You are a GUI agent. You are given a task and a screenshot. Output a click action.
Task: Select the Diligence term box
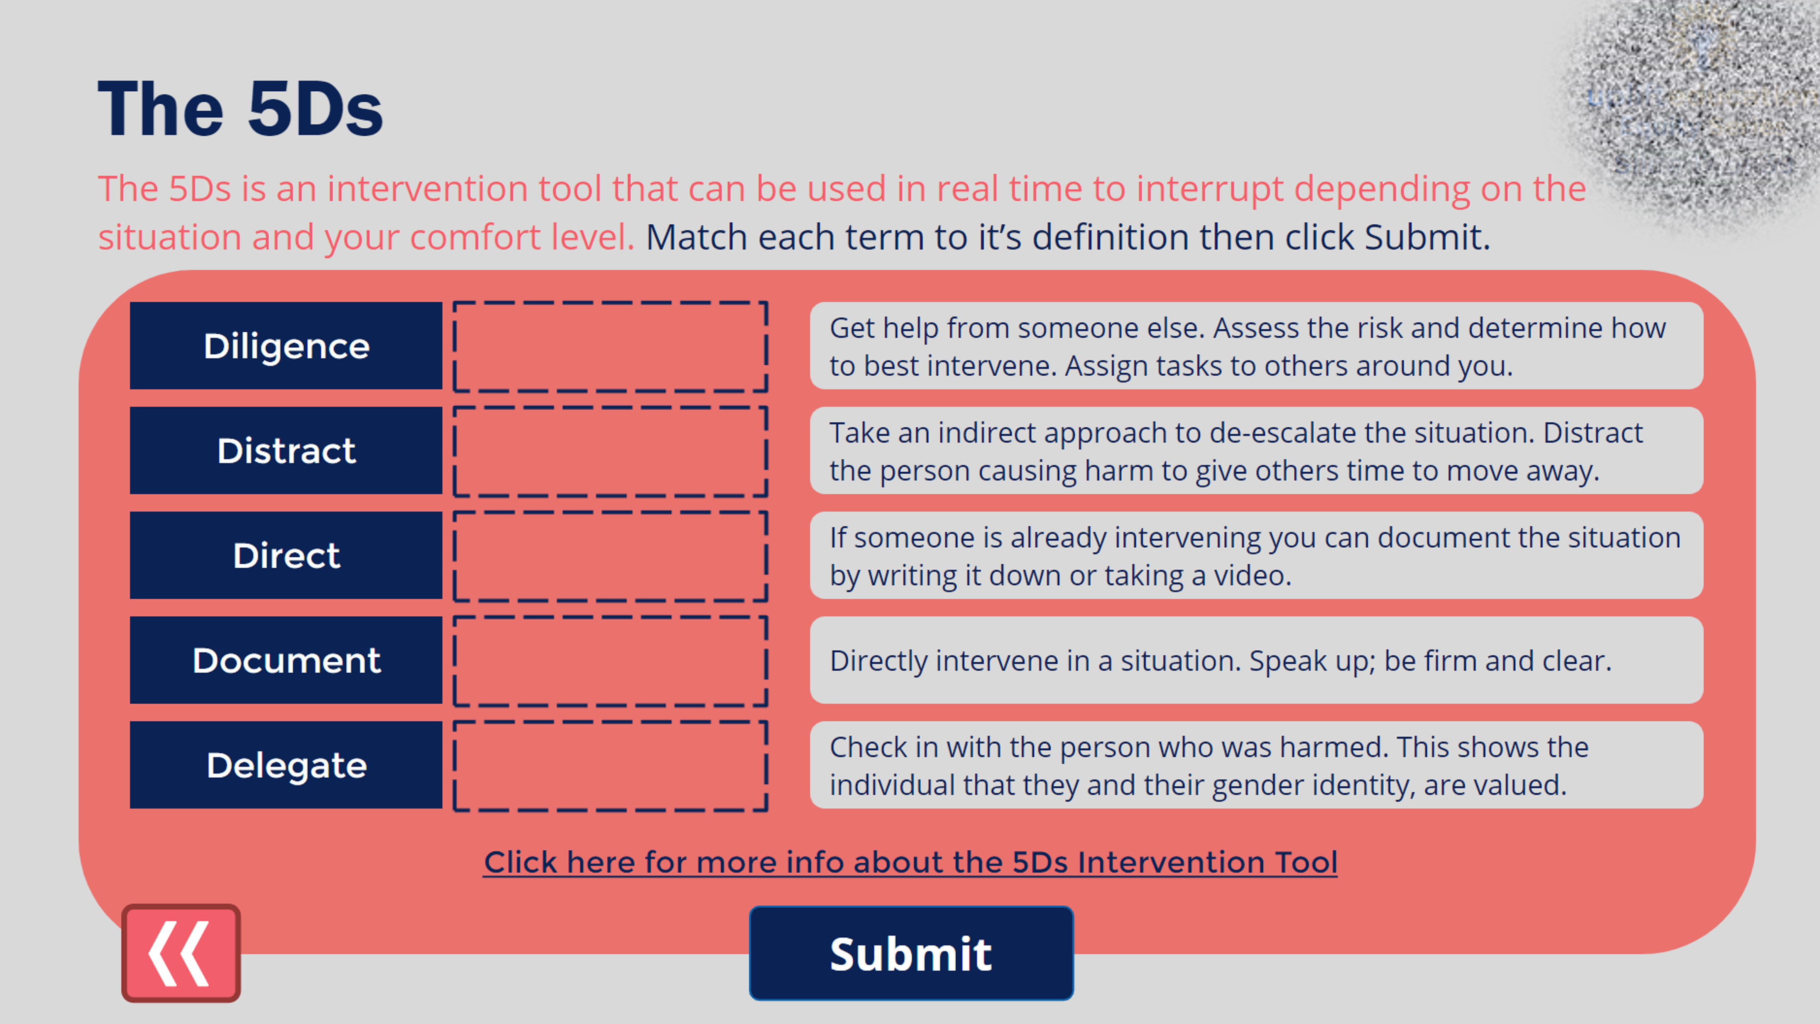click(x=286, y=345)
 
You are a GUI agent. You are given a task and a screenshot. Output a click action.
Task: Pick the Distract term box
click(x=286, y=450)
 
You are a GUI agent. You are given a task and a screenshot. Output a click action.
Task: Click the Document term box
click(x=286, y=660)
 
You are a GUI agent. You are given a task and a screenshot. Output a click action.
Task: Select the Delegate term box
click(x=286, y=764)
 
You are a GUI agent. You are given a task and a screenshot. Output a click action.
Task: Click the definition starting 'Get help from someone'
click(x=1256, y=345)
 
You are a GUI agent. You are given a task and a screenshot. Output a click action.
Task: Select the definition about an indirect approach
click(x=1256, y=450)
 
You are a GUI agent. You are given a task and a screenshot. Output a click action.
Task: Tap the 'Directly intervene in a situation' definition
click(x=1256, y=660)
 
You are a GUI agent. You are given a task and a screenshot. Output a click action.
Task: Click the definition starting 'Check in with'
click(x=1256, y=764)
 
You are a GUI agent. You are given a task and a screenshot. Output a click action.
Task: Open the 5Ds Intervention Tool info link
click(x=910, y=862)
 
